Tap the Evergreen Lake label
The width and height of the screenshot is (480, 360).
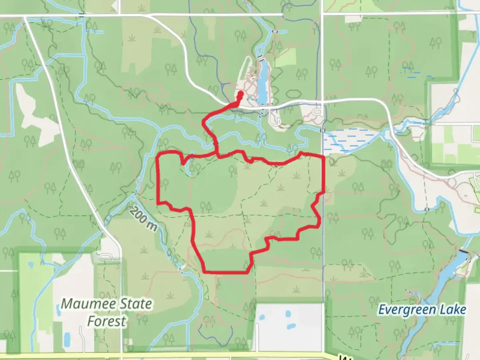click(x=422, y=310)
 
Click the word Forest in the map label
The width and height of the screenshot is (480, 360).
click(x=107, y=321)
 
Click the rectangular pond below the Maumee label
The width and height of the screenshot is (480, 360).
click(x=67, y=338)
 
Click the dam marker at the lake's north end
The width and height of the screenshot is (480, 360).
click(x=260, y=57)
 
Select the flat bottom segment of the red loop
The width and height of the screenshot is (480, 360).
click(x=227, y=272)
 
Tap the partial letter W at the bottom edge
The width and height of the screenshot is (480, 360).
click(x=343, y=357)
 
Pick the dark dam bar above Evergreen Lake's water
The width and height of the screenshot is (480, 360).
click(x=463, y=251)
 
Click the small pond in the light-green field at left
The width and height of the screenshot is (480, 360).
click(x=31, y=265)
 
